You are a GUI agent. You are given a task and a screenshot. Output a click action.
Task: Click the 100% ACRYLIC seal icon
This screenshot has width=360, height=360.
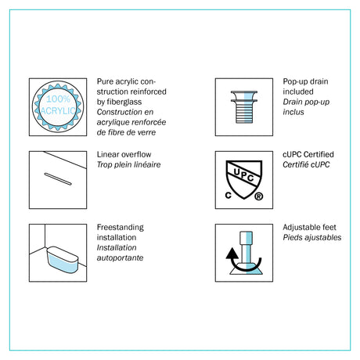(58, 106)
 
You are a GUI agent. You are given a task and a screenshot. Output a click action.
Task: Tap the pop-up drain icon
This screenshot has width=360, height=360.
(244, 107)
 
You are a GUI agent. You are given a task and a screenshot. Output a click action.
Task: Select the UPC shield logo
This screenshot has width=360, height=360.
(244, 179)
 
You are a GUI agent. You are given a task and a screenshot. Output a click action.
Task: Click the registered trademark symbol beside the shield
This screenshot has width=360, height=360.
(258, 196)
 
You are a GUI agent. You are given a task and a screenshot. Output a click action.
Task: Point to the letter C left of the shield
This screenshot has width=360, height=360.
(229, 195)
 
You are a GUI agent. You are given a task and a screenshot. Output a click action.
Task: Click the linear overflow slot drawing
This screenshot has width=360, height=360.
(58, 179)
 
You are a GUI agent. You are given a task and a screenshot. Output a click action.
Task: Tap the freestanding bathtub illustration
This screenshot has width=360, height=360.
(63, 260)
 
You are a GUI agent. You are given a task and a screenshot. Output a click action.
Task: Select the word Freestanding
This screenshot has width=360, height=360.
(121, 227)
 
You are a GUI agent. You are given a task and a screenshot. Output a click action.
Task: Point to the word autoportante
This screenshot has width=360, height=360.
(120, 257)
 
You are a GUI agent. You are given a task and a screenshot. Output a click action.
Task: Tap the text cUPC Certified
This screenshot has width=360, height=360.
(308, 154)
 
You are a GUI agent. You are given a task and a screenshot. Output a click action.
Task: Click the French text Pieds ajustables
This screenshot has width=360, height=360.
(312, 237)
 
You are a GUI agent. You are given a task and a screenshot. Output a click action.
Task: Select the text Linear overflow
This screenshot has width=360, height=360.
(124, 154)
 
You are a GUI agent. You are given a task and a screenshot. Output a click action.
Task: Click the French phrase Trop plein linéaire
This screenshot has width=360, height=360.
(128, 164)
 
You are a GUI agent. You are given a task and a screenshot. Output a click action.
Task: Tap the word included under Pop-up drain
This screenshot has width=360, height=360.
(298, 92)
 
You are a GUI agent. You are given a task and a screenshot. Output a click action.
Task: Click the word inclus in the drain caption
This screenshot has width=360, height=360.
(293, 112)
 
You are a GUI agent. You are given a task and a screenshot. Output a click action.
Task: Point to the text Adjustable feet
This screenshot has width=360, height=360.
(309, 227)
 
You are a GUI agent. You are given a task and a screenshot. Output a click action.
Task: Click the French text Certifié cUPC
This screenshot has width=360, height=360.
(306, 164)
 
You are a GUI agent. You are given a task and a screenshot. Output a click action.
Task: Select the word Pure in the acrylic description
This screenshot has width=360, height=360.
(105, 81)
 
